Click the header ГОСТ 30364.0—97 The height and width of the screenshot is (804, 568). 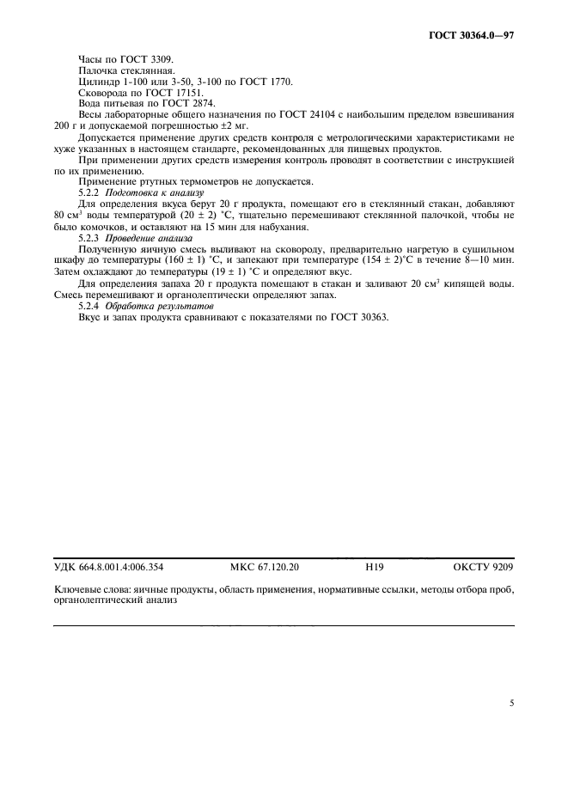click(x=472, y=37)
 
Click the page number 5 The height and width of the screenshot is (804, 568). click(x=511, y=703)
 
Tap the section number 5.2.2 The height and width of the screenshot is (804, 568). click(x=89, y=193)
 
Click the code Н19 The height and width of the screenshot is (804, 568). click(x=375, y=567)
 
